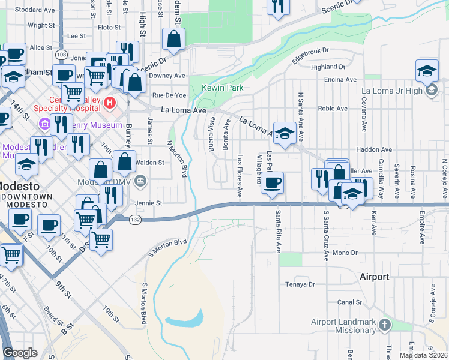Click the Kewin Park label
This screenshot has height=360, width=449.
(x=223, y=88)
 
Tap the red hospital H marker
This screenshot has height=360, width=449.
(x=109, y=103)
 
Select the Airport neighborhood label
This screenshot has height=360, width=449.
(x=375, y=277)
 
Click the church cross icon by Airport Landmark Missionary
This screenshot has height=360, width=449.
(x=385, y=325)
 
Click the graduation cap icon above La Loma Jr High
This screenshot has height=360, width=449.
(x=427, y=71)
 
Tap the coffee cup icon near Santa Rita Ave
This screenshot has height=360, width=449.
(x=273, y=182)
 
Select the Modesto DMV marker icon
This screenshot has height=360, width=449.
(x=140, y=181)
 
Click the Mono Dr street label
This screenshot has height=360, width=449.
(x=345, y=253)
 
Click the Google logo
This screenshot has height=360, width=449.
(x=20, y=353)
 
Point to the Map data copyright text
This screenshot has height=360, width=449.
(x=423, y=355)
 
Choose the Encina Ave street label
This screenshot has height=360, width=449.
(x=340, y=79)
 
